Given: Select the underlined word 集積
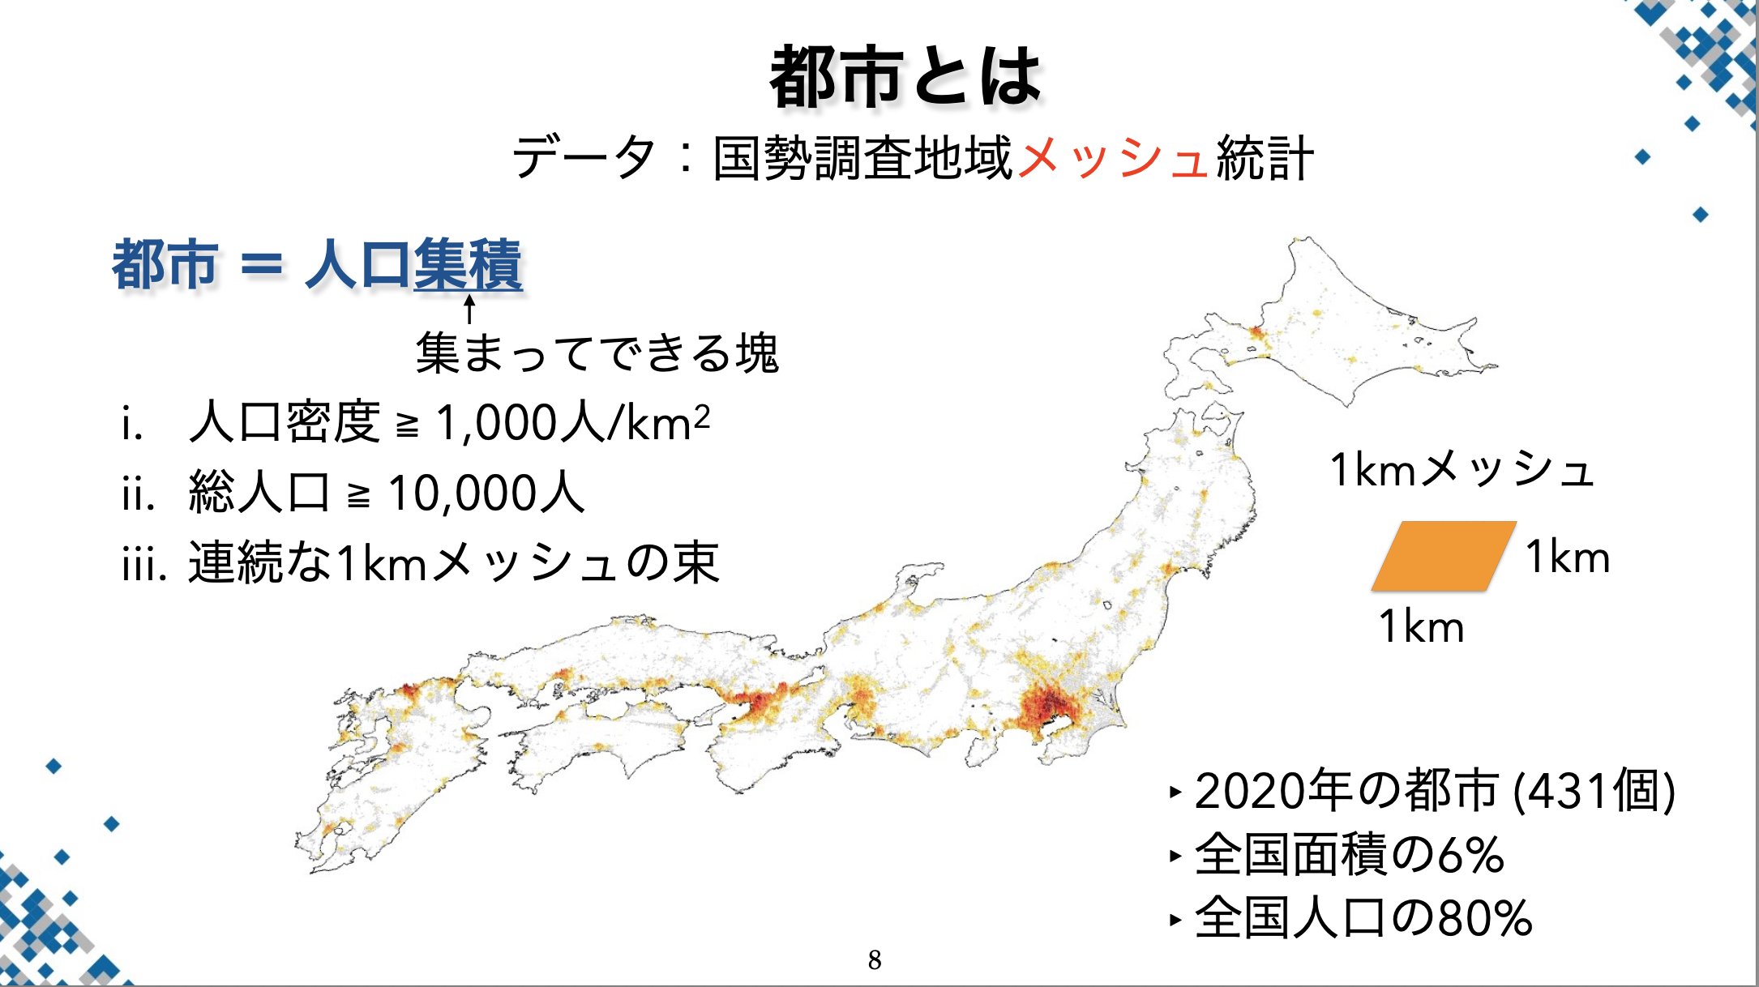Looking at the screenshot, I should coord(468,264).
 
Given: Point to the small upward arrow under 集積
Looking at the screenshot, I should coord(469,310).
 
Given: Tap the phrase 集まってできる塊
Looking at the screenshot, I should coord(597,353).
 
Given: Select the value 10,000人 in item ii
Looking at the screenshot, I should coord(486,493).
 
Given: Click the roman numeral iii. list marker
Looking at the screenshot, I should coord(143,563).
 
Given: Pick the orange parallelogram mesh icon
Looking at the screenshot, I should coord(1443,556).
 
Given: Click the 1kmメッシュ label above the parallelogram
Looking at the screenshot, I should coord(1462,470).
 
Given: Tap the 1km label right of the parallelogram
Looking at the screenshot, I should coord(1567,558).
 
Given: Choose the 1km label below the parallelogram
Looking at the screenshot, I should coord(1421,627).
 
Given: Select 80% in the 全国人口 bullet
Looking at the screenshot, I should coord(1484,918).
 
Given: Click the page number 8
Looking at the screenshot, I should coord(875,960).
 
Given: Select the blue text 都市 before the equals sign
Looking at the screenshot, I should coord(165,265).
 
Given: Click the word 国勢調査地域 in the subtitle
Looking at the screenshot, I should coord(862,157).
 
